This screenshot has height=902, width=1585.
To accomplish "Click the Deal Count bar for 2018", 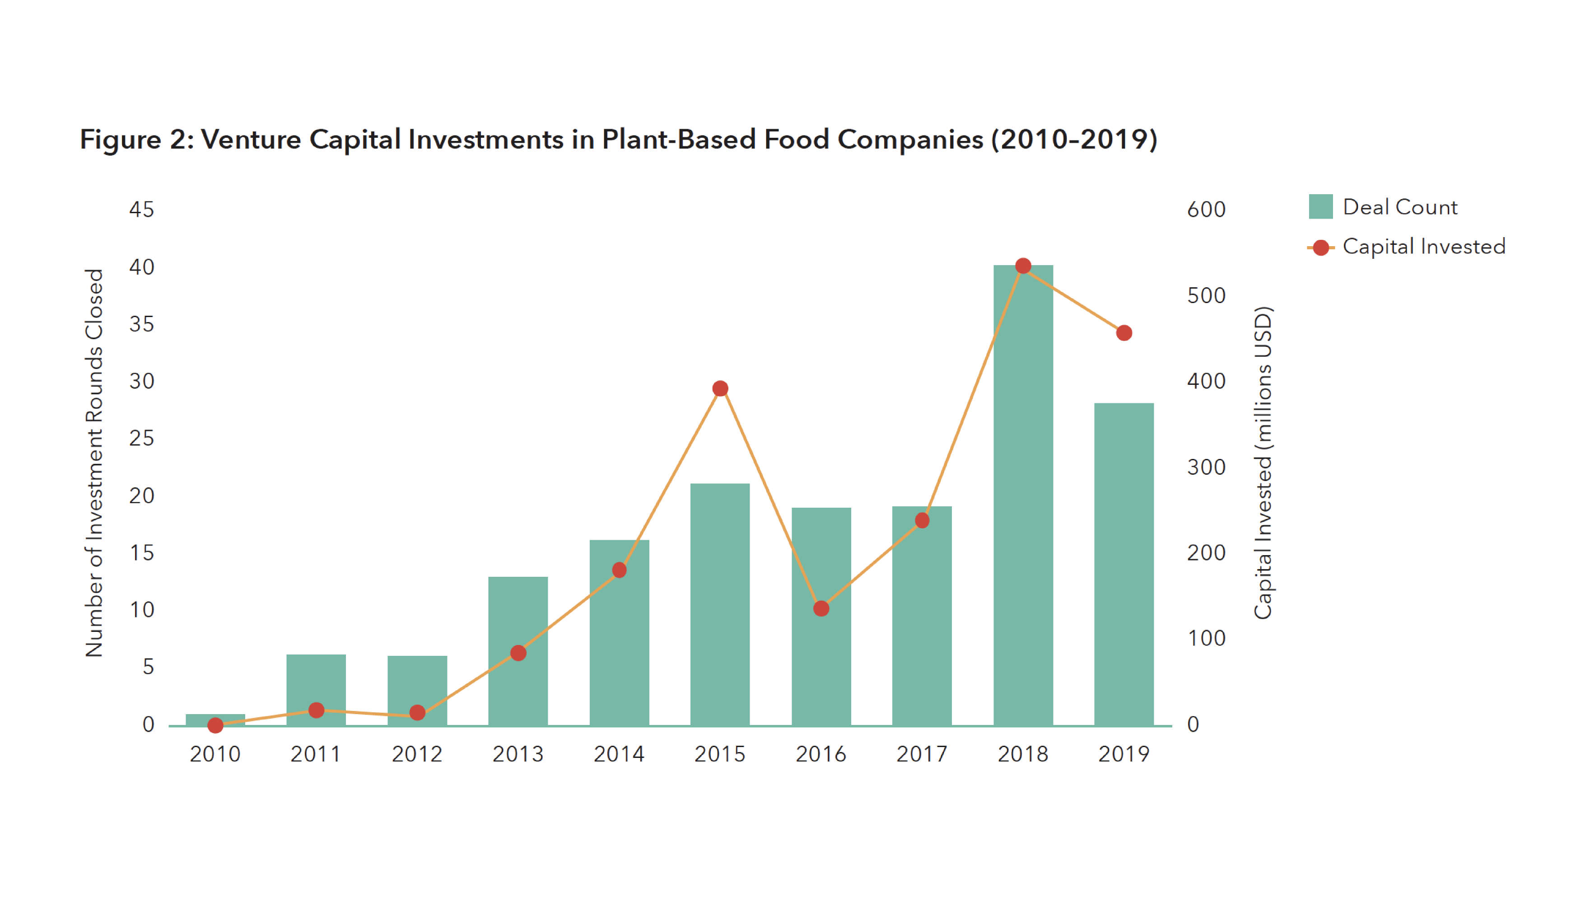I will [1023, 495].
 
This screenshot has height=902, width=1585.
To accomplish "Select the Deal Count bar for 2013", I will [518, 650].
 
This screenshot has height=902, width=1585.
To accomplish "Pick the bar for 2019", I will [1123, 564].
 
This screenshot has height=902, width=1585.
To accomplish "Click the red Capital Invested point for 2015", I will [720, 388].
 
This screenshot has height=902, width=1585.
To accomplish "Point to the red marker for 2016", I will [820, 608].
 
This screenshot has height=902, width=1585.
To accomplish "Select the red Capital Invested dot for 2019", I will [1123, 333].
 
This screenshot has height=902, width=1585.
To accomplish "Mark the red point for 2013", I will [518, 653].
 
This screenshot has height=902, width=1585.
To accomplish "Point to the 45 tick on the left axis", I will [141, 210].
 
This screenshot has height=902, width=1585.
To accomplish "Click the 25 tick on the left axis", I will [141, 439].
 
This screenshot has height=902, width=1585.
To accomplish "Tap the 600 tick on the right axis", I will [1205, 210].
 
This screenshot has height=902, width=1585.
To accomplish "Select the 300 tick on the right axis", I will [1205, 467].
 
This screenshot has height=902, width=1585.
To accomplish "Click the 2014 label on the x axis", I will [619, 754].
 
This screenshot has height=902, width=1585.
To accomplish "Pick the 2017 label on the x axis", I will [922, 754].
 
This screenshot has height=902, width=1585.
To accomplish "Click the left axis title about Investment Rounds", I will [93, 463].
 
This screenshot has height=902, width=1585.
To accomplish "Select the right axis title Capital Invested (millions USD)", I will [1262, 463].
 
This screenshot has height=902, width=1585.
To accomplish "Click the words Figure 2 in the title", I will [136, 140].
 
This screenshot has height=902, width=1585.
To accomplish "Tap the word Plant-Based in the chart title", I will [679, 140].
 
